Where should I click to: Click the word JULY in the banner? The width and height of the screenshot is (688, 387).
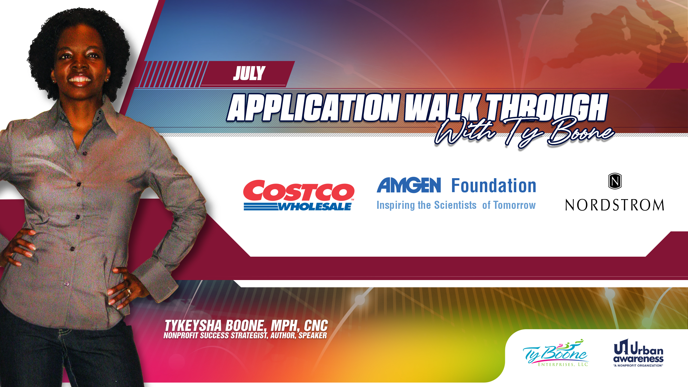coord(249,73)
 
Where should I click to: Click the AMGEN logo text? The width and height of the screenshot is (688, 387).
coord(409,185)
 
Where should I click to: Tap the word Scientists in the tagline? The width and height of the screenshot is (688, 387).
coord(455,205)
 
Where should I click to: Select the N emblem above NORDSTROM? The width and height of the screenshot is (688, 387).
coord(615,181)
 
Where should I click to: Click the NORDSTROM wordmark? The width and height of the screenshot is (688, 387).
coord(615,205)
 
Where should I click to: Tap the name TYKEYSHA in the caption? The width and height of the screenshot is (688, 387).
coord(193,326)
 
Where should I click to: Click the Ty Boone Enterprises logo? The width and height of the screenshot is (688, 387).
coord(556,353)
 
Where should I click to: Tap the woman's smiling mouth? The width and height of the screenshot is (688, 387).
coord(80,80)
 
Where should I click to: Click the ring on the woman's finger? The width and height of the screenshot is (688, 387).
coord(129,291)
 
